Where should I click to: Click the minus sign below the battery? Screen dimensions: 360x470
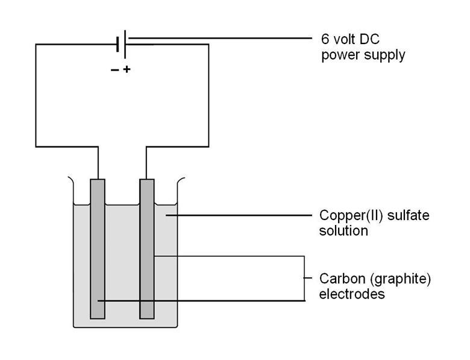coord(114,70)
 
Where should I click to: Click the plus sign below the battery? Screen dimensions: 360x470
coord(127,69)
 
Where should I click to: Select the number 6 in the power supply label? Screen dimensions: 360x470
coord(324,39)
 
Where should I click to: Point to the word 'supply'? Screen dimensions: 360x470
coord(381,55)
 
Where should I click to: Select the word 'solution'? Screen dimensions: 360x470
coord(343,230)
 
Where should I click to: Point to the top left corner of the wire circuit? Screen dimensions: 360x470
coord(36,44)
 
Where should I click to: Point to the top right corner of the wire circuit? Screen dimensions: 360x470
coord(208,44)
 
